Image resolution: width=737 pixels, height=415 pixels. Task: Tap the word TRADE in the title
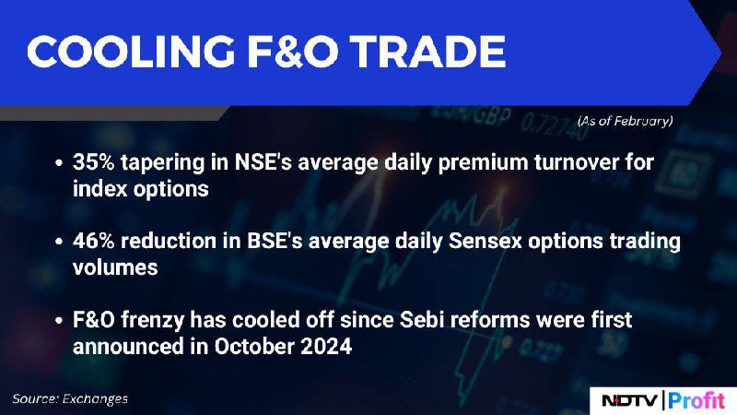click(427, 52)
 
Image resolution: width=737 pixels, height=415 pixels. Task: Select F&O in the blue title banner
click(292, 52)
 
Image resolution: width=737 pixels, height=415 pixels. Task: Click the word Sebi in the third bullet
click(420, 320)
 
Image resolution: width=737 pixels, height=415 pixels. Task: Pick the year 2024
click(326, 347)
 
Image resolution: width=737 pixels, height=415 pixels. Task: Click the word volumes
click(115, 267)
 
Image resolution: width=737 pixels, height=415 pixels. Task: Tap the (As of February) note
click(626, 122)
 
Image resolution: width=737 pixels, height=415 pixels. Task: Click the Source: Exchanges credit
click(70, 399)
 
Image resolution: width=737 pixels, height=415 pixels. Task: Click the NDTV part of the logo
click(630, 400)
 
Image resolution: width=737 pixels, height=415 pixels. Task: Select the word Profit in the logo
click(696, 400)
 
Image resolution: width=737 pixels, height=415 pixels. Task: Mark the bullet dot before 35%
click(59, 163)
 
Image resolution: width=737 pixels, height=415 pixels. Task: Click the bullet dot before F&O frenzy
click(59, 321)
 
